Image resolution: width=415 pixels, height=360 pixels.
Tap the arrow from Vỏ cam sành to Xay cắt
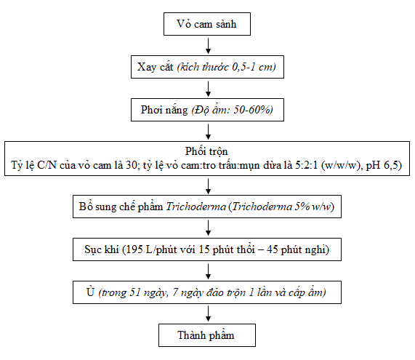[209, 46]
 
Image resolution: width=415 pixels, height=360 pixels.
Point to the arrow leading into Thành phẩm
[209, 313]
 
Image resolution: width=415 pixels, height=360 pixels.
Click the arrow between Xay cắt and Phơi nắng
[209, 89]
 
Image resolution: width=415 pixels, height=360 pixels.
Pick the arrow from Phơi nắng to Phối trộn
[209, 132]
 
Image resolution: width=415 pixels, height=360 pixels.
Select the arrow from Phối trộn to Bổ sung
[209, 186]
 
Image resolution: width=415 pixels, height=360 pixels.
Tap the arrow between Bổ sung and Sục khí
[209, 228]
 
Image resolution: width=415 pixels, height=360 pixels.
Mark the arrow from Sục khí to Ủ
[209, 271]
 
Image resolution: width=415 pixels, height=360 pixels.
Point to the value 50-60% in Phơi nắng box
[252, 110]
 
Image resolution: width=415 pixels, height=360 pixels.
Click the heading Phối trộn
[206, 151]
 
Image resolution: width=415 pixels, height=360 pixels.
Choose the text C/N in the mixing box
[47, 165]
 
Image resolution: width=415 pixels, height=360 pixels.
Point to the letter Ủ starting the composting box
[90, 292]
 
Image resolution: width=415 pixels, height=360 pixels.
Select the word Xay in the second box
[147, 67]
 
